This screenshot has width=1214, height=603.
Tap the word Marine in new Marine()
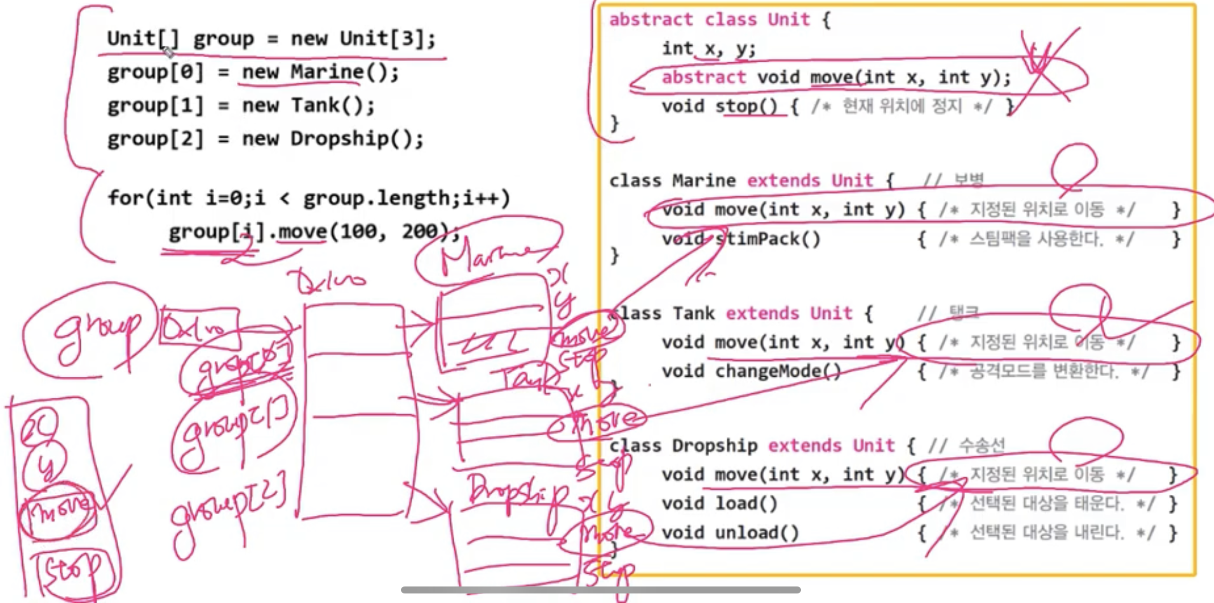point(327,72)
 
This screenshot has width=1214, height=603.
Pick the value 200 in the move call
point(420,231)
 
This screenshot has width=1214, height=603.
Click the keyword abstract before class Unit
point(651,20)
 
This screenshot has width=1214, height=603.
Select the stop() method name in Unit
point(746,106)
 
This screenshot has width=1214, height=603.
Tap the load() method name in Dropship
point(746,504)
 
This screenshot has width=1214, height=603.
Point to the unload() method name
point(756,532)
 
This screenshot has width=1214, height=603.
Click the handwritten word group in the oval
point(95,330)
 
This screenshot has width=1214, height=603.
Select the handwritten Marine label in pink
point(486,257)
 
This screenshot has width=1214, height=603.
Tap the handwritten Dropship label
point(518,493)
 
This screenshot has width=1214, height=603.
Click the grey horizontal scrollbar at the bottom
point(600,590)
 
